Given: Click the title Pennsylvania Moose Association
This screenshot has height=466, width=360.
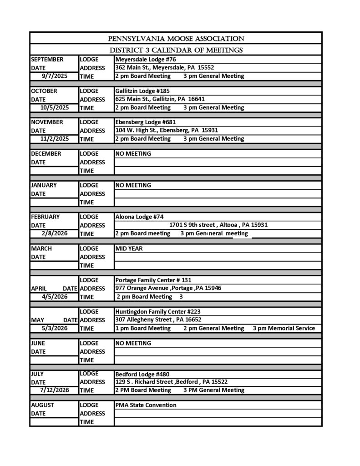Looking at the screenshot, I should (x=176, y=39).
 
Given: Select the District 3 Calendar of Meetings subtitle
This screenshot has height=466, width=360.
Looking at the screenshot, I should (x=176, y=50).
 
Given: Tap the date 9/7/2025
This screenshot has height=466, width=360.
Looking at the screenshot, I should (x=54, y=76).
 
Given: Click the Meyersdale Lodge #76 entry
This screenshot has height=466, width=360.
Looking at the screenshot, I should (x=146, y=60).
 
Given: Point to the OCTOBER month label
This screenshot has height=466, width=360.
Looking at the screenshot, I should (x=44, y=91).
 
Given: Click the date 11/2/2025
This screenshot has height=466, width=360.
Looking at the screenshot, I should (x=54, y=139).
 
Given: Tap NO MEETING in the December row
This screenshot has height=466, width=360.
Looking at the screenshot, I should (x=133, y=154).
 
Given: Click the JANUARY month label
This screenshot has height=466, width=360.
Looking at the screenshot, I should (x=44, y=185).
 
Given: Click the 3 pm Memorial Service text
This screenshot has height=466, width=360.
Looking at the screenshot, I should (x=284, y=328).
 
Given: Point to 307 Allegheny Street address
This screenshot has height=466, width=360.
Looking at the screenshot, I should (x=158, y=319).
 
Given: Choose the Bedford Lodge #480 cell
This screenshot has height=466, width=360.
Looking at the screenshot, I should (x=142, y=374).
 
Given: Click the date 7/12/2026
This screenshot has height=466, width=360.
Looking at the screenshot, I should (x=54, y=390).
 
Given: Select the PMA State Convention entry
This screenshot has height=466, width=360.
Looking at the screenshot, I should (x=146, y=405).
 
